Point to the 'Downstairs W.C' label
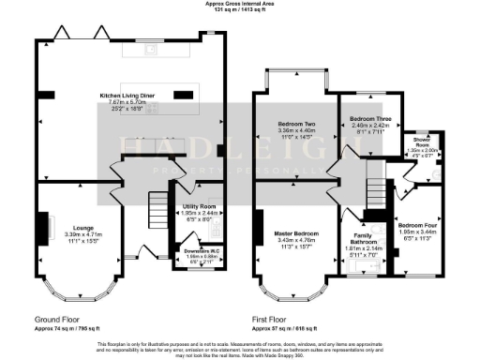point(197,250)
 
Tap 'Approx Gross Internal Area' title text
point(240,4)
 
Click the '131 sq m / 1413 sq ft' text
point(240,10)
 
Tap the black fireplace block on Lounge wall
point(41,226)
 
